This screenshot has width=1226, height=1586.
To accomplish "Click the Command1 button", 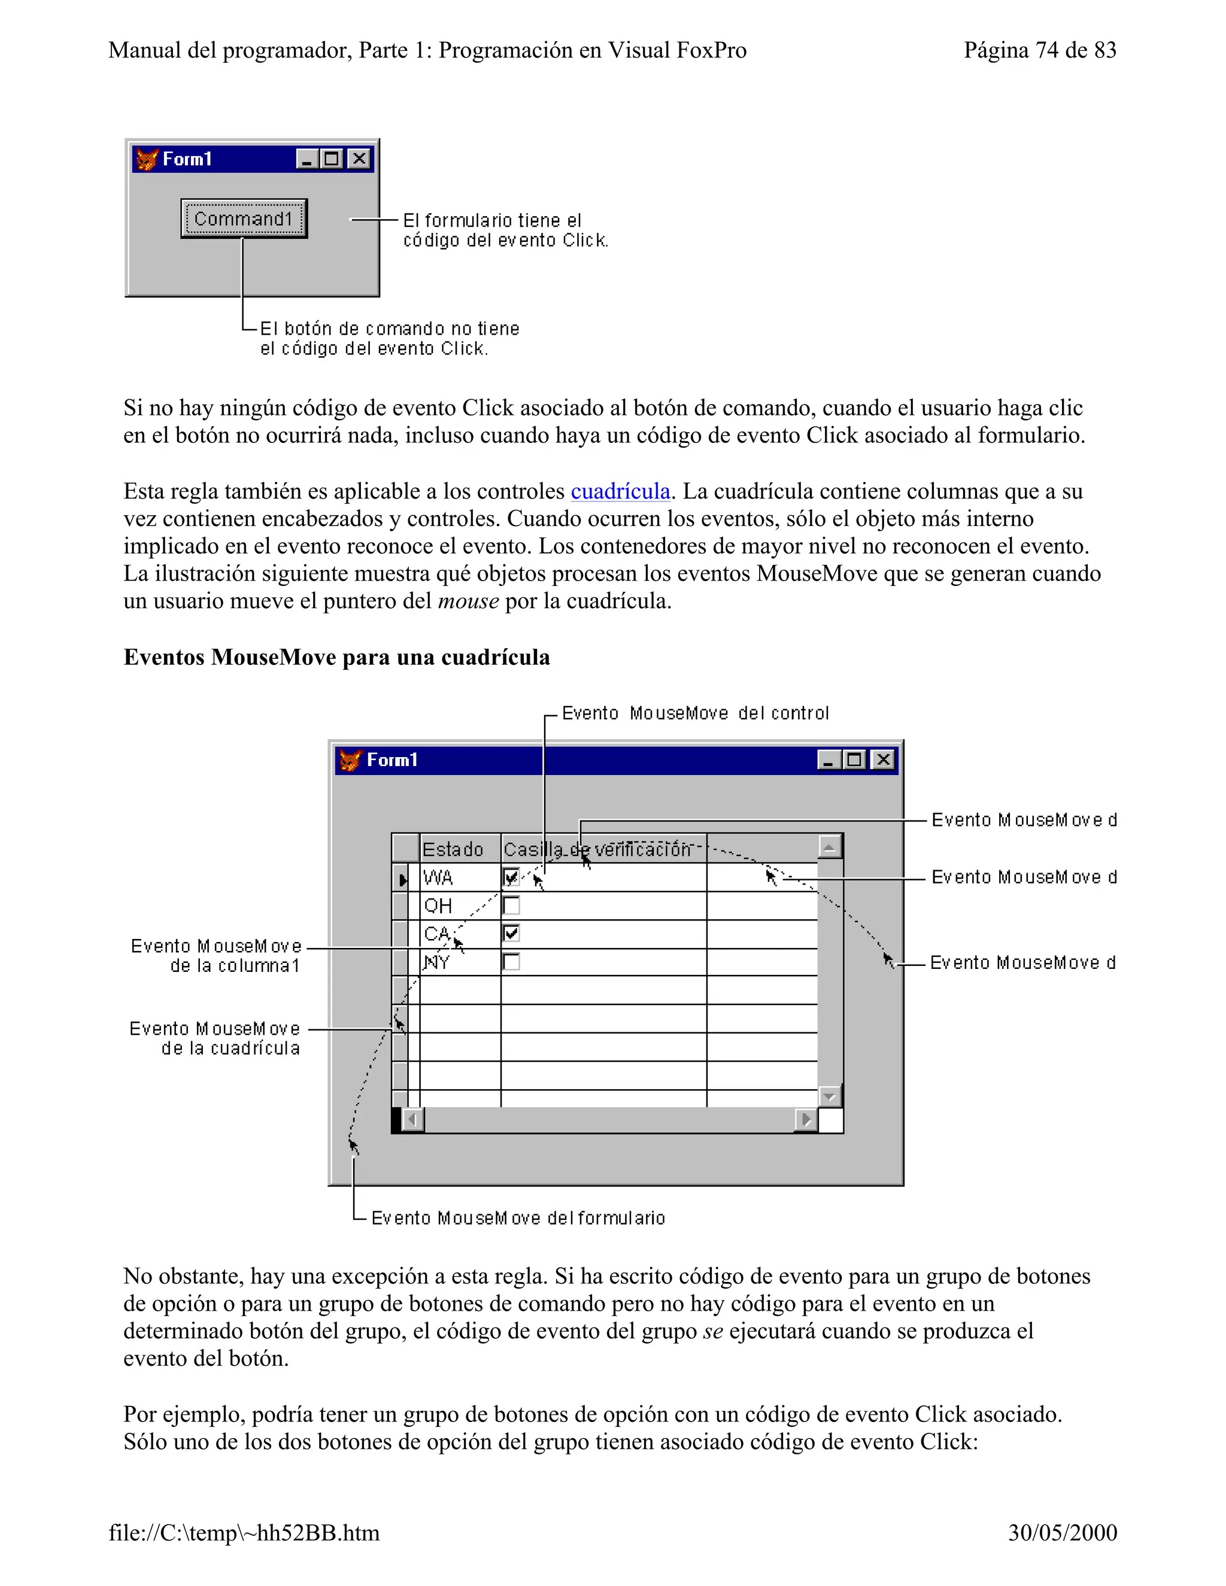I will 243,218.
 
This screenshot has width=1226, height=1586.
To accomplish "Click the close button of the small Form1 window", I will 359,159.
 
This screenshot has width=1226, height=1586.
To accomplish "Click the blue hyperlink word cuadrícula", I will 620,491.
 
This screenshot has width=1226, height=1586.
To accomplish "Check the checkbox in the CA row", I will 511,933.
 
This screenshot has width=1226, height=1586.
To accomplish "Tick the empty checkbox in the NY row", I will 511,962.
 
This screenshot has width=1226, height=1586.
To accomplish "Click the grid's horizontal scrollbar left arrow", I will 413,1119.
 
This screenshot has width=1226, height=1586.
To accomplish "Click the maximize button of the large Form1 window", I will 855,759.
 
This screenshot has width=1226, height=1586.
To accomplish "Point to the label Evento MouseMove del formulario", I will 518,1218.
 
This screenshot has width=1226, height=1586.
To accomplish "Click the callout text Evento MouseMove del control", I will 695,713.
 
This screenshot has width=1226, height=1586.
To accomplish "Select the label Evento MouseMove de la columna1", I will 217,956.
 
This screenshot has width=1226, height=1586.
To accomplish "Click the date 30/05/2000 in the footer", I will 1062,1532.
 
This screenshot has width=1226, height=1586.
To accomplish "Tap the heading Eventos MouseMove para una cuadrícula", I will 336,657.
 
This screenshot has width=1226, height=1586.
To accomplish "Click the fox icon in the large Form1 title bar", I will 350,760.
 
